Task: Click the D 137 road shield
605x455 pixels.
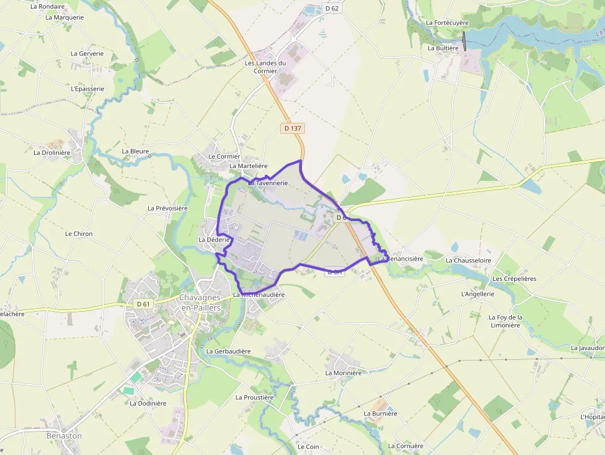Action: click(293, 128)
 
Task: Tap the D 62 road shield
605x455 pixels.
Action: click(332, 9)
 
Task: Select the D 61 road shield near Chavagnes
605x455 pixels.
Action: click(143, 304)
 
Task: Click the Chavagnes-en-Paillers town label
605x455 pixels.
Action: click(201, 302)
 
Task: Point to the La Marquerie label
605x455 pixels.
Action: click(65, 17)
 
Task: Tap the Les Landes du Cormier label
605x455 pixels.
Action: click(265, 67)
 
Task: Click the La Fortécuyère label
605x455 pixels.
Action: click(448, 23)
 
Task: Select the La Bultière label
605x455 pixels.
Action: click(443, 48)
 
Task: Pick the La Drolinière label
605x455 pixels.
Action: click(52, 152)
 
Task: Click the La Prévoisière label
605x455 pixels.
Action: click(167, 208)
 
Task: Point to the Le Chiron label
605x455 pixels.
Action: click(79, 234)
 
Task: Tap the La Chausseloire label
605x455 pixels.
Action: click(469, 261)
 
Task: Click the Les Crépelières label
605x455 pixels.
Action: click(514, 278)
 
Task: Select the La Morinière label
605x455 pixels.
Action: click(343, 373)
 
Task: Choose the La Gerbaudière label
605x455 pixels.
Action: click(228, 351)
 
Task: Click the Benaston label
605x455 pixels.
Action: click(64, 436)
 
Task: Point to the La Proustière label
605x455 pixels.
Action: click(254, 398)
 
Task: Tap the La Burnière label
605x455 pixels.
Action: click(381, 414)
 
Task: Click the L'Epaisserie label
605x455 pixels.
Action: click(88, 88)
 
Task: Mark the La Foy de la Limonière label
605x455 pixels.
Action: click(505, 321)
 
